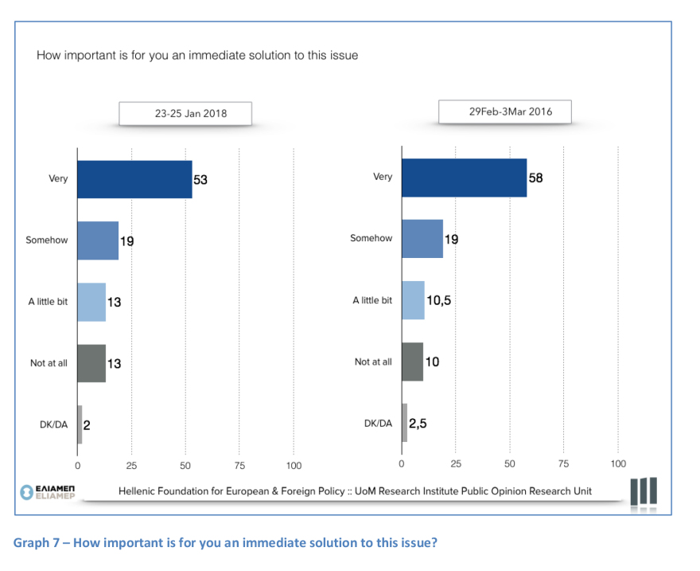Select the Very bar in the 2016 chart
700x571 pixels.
point(464,178)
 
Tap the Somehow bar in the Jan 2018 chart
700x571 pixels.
point(98,241)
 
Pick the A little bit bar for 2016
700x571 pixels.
point(413,300)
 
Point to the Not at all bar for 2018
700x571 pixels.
point(91,363)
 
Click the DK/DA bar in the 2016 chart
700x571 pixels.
point(404,423)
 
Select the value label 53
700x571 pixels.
point(200,180)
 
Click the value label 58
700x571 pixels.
point(535,178)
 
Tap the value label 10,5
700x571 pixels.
point(439,300)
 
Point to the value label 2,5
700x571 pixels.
point(418,423)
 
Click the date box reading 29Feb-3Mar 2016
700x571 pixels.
point(510,111)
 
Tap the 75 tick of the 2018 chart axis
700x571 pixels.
point(239,464)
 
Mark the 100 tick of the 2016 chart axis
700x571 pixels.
point(618,463)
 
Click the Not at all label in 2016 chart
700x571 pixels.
point(373,362)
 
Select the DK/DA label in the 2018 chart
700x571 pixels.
point(53,424)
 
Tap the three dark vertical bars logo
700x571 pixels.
point(643,491)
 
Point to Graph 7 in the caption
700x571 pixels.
point(37,543)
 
